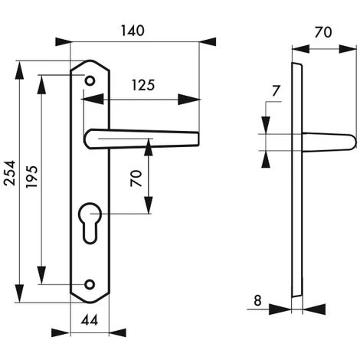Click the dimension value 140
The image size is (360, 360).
133,31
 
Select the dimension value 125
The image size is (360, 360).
143,85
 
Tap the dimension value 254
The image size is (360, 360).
11,173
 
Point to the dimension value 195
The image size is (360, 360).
32,176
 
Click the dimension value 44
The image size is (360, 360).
90,320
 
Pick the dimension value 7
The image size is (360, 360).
276,91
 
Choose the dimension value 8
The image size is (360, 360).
257,300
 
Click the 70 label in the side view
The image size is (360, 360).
323,32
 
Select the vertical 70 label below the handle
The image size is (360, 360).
136,178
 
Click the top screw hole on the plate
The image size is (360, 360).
90,81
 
